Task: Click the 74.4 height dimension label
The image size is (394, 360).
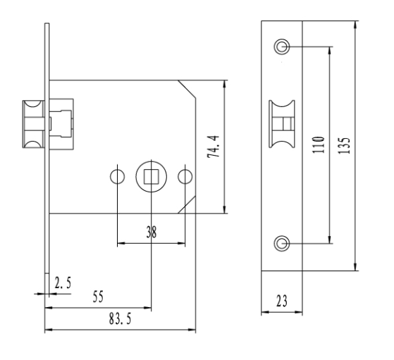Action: click(214, 147)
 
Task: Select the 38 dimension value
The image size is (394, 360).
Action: click(152, 232)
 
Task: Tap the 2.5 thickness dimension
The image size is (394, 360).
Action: click(63, 283)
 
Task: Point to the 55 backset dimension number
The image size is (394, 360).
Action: click(98, 297)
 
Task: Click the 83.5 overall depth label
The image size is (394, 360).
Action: click(120, 319)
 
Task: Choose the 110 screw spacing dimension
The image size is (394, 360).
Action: click(318, 145)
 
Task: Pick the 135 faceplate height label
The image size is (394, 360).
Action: click(344, 146)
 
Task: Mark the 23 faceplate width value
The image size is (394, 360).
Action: click(281, 301)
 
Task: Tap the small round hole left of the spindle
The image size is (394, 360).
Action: click(117, 177)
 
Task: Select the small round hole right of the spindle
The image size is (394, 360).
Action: click(185, 177)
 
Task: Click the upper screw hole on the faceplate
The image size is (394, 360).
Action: click(282, 46)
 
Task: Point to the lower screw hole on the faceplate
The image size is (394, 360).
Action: click(282, 243)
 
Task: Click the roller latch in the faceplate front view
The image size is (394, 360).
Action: click(282, 124)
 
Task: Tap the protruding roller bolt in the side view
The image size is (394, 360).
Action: click(33, 124)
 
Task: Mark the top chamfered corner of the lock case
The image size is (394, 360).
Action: click(187, 89)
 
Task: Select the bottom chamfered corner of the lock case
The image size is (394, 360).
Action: click(187, 205)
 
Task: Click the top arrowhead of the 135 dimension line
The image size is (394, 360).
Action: click(355, 25)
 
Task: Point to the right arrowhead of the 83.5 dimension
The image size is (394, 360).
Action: click(192, 329)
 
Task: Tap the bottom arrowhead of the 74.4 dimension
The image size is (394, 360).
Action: click(225, 209)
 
